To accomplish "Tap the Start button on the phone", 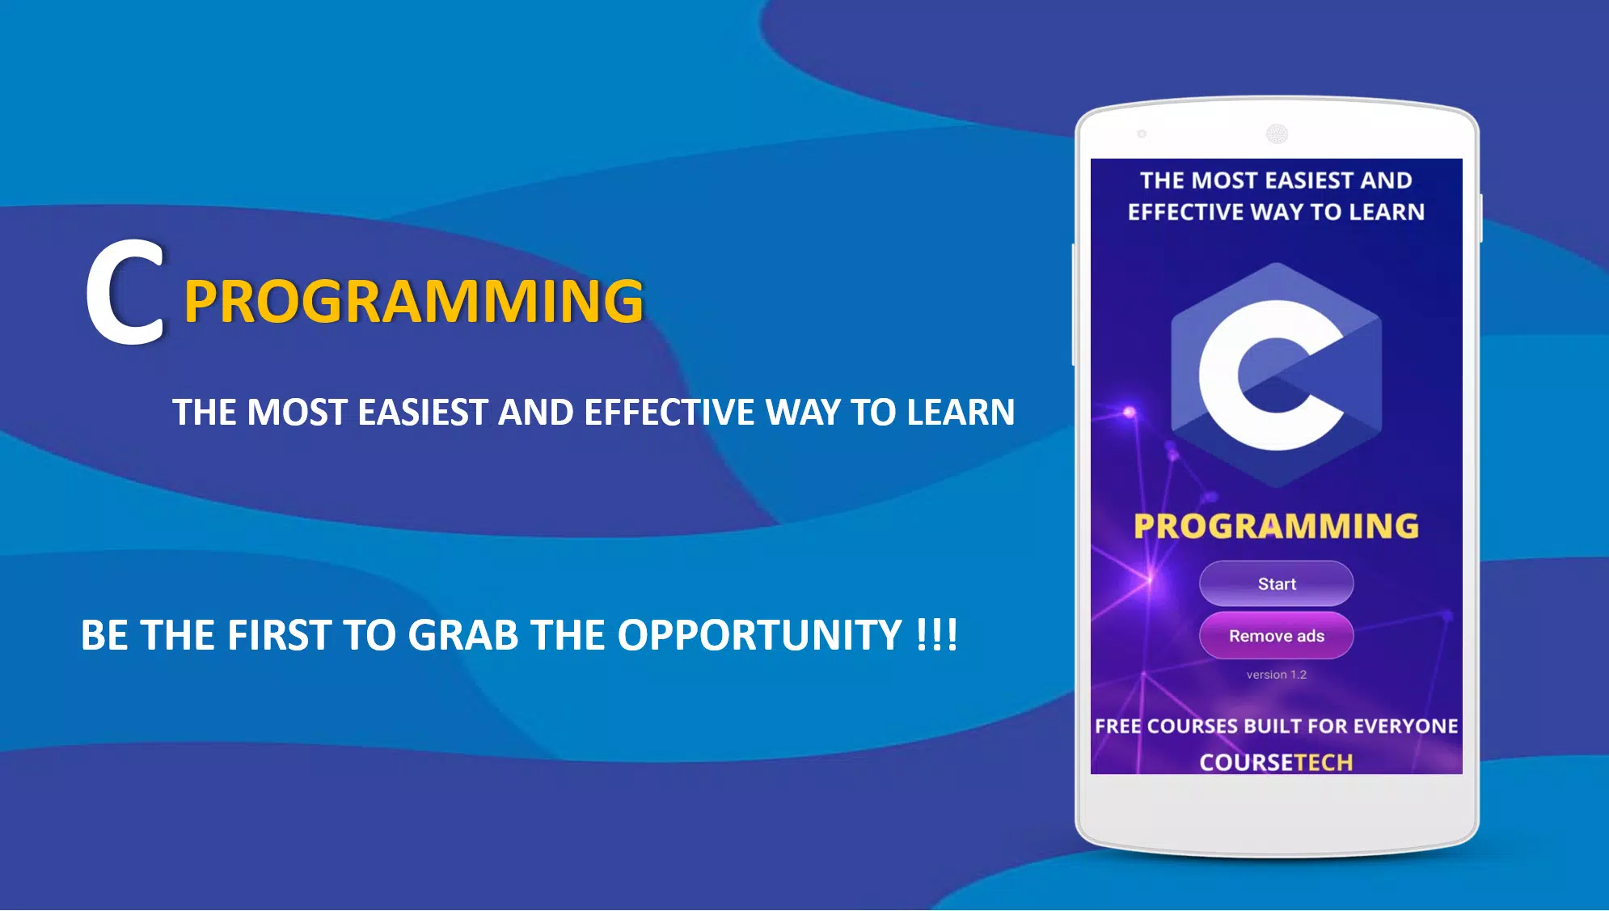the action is click(x=1276, y=583).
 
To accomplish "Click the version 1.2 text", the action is click(x=1276, y=675).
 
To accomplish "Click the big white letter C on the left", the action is click(x=126, y=292).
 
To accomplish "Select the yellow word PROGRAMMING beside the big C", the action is click(x=414, y=301).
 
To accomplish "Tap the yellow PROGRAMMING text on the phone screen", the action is click(x=1276, y=526).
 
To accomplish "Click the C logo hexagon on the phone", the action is click(x=1276, y=375).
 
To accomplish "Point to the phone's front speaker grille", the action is click(x=1277, y=133).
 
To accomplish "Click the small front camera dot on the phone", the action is click(x=1142, y=133).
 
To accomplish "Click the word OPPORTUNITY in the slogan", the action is click(x=760, y=635).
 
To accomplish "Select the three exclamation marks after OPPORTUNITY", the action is click(x=938, y=635).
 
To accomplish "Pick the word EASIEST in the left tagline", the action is click(x=423, y=413).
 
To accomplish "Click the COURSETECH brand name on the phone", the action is click(x=1276, y=762).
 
